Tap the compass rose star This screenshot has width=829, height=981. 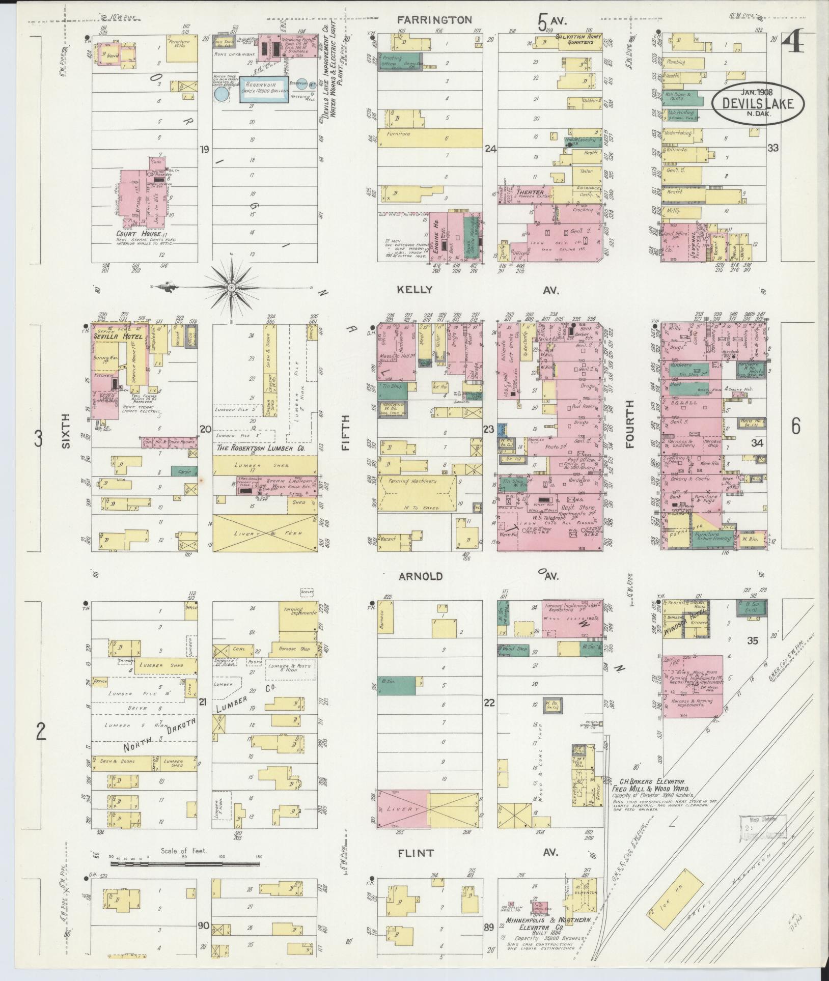click(x=232, y=288)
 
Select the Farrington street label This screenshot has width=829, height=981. click(x=434, y=20)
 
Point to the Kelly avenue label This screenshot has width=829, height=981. click(x=416, y=290)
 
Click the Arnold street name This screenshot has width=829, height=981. click(x=421, y=576)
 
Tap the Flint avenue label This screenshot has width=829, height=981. click(x=416, y=853)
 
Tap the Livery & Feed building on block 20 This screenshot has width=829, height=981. click(x=264, y=532)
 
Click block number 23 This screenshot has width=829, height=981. click(x=488, y=429)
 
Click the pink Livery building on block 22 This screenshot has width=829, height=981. click(x=401, y=809)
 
